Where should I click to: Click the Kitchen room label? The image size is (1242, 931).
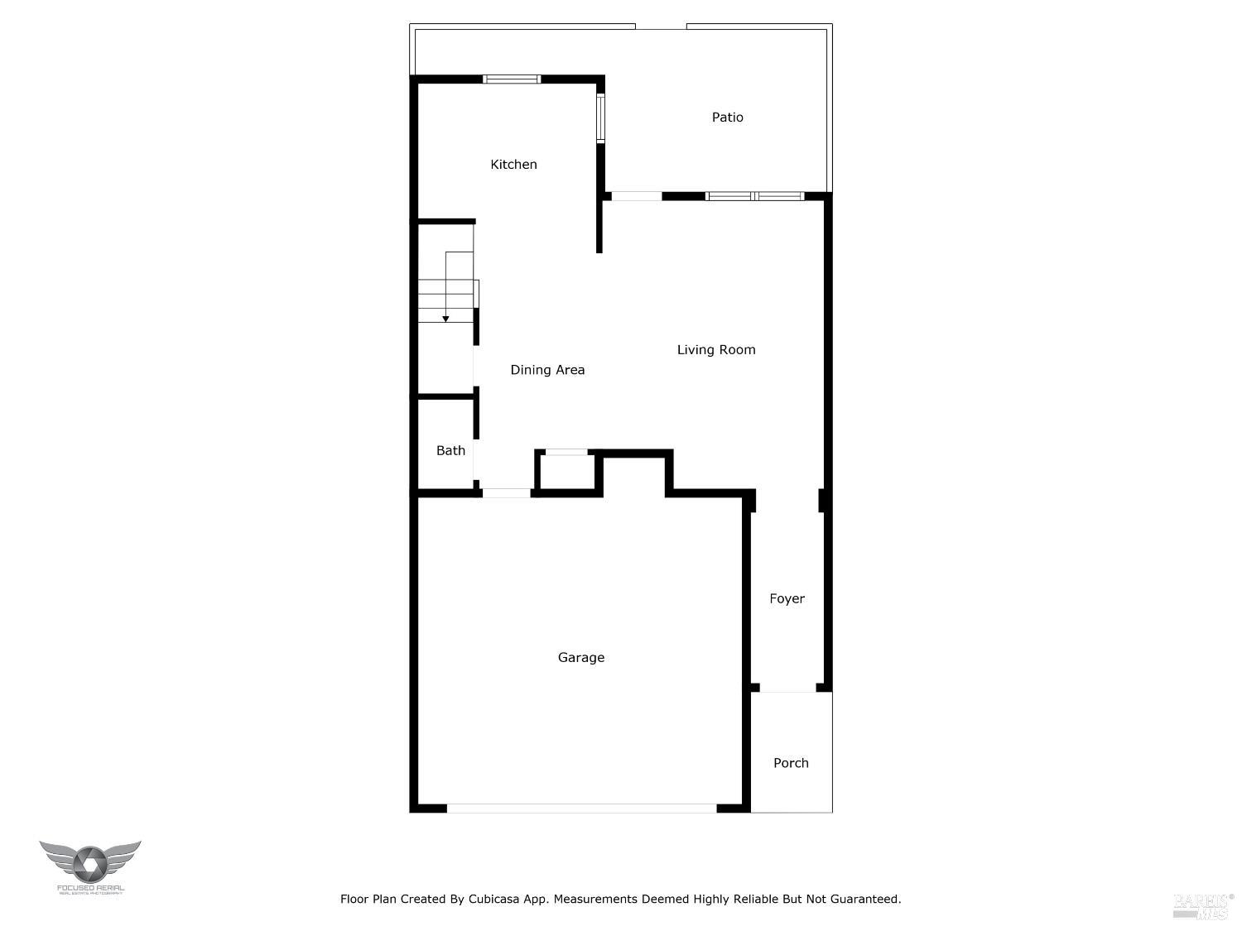point(513,165)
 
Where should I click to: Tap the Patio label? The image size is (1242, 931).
point(727,118)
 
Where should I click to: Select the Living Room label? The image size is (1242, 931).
point(716,350)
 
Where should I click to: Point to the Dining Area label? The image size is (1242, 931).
point(547,370)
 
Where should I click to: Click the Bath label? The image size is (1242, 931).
point(450,451)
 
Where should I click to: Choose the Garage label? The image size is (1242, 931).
point(580,658)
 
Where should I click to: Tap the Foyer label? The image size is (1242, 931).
point(787,599)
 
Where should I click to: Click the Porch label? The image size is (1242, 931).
point(791,763)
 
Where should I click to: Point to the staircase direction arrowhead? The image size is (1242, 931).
point(445,319)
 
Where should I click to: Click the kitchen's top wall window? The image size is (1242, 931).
point(512,79)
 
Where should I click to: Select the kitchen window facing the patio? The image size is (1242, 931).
point(601,118)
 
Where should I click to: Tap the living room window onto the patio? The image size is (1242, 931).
point(754,196)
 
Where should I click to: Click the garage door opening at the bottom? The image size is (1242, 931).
point(581,808)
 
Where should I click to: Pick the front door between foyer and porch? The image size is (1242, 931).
point(787,688)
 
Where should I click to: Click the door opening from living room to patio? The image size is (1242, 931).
point(637,196)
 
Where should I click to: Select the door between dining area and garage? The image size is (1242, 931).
point(506,493)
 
